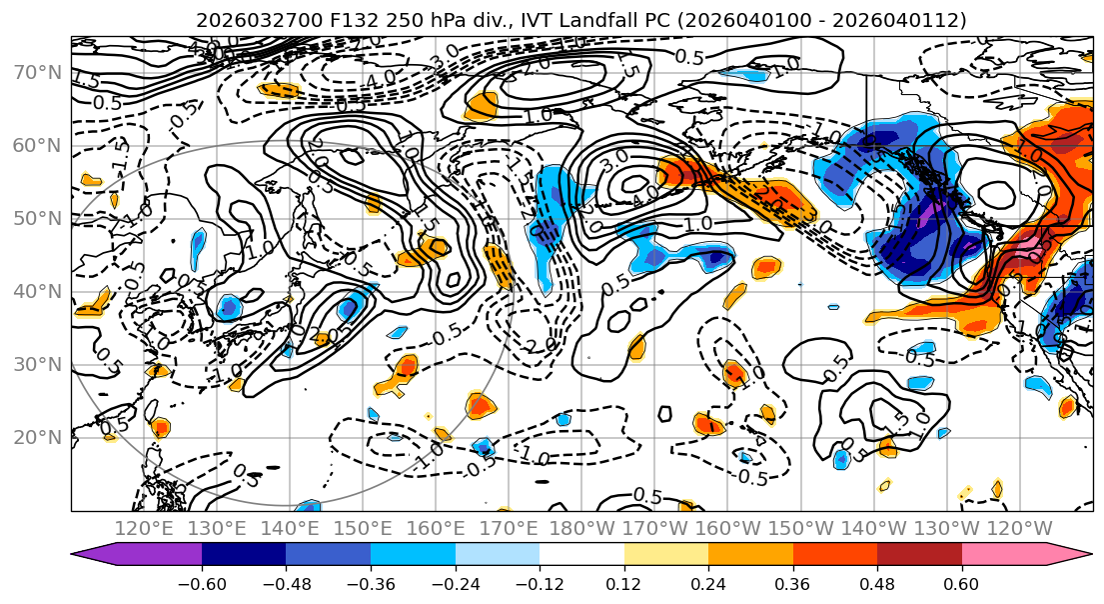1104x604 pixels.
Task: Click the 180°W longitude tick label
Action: click(x=581, y=528)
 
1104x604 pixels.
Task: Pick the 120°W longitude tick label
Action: click(x=1019, y=528)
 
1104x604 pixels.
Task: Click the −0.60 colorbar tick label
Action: click(x=201, y=583)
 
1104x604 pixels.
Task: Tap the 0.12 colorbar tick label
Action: click(x=623, y=583)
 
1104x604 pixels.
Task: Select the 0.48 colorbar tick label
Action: click(x=877, y=583)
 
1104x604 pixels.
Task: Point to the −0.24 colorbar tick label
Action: click(x=455, y=583)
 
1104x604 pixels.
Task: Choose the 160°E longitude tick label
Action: click(x=436, y=528)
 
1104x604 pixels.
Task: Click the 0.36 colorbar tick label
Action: click(x=792, y=583)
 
